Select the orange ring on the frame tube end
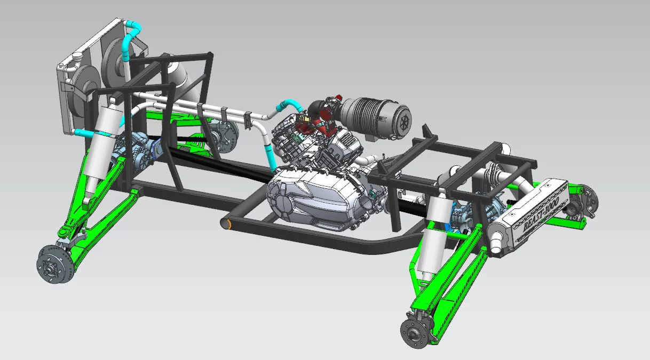pos(228,223)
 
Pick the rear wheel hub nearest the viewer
pos(415,332)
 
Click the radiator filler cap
pos(62,66)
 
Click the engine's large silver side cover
pos(310,197)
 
